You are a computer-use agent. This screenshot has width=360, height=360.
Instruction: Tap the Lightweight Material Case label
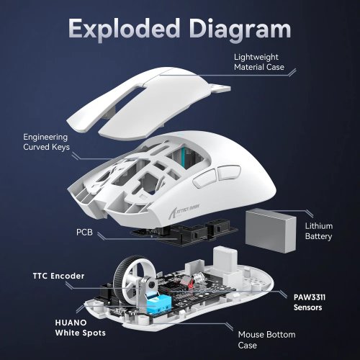pyautogui.click(x=258, y=62)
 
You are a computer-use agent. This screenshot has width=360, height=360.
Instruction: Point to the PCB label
pyautogui.click(x=84, y=233)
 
